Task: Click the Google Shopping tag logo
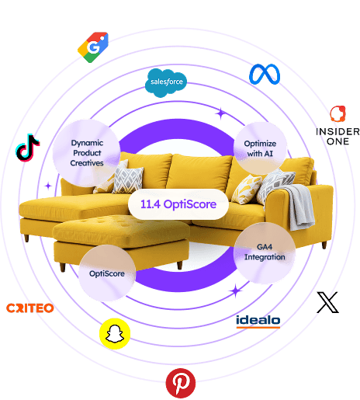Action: [93, 47]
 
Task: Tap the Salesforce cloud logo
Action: [166, 83]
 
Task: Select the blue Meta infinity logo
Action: [265, 75]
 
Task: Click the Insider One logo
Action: [337, 126]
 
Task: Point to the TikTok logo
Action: [27, 148]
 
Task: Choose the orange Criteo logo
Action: [30, 308]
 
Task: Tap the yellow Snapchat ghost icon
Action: [115, 333]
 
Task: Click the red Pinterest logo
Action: [181, 383]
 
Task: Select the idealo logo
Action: [258, 322]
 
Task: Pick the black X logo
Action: [327, 302]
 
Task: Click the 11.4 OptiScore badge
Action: [178, 204]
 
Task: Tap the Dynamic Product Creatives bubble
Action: [87, 153]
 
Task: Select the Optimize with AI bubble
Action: [260, 148]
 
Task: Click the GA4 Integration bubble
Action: [265, 252]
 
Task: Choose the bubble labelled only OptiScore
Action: [107, 273]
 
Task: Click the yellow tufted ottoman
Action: [121, 242]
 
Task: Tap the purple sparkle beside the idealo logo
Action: [236, 290]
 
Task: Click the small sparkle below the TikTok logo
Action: [48, 186]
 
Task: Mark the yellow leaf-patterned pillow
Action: [247, 189]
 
